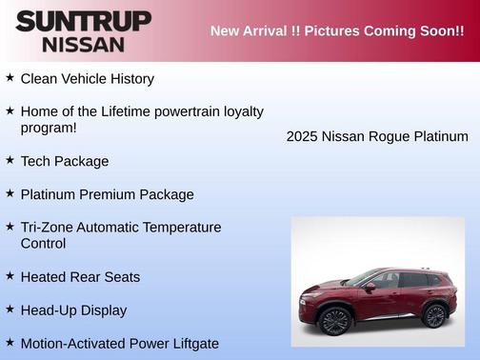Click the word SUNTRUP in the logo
(x=83, y=22)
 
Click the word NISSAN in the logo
(x=83, y=44)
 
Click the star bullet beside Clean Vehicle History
(x=10, y=77)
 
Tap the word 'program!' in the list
(x=49, y=128)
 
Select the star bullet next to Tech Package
(x=10, y=159)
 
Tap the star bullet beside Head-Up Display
(x=10, y=309)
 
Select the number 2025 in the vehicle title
(x=303, y=137)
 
